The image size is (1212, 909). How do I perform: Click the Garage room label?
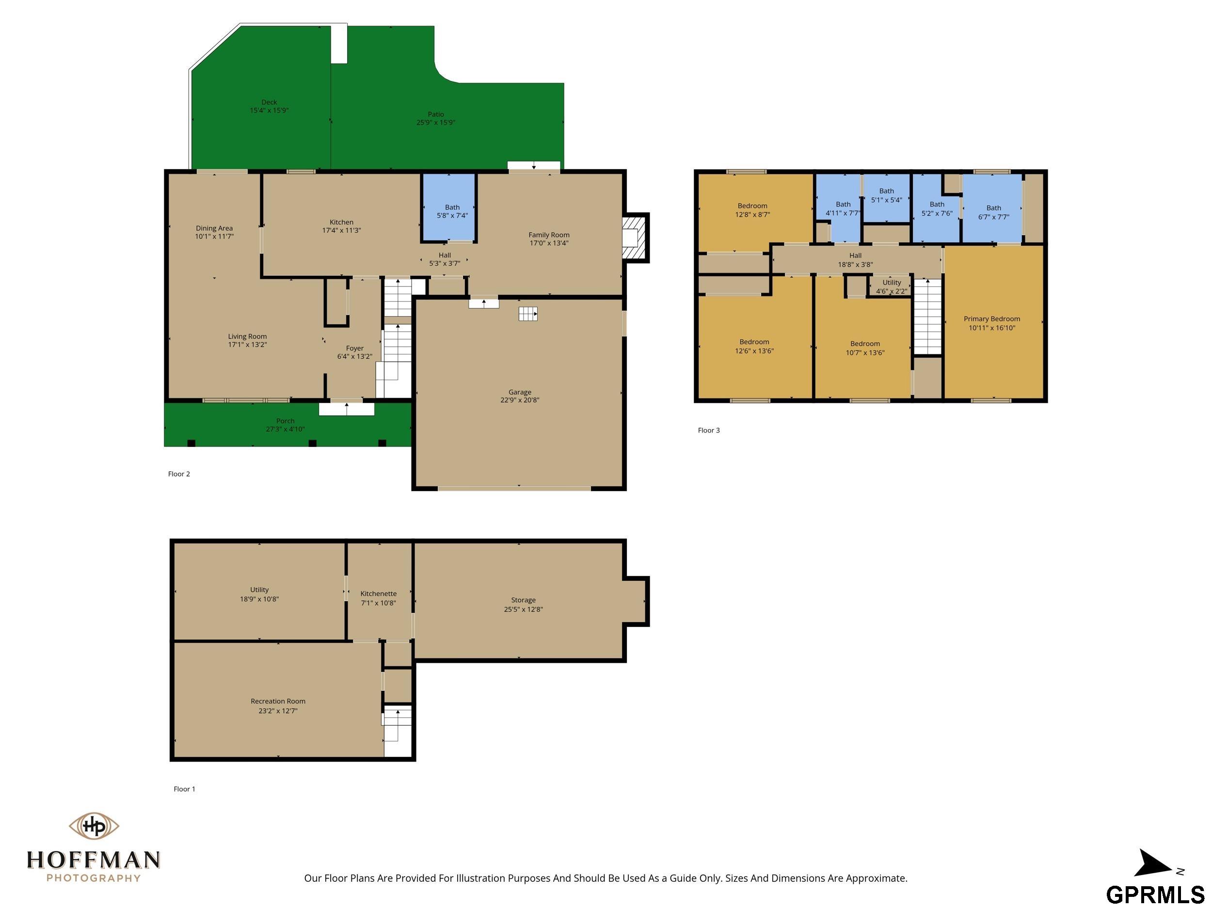coord(519,392)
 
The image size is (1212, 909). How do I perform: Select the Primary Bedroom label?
coord(992,319)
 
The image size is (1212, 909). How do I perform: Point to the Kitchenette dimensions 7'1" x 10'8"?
coord(378,603)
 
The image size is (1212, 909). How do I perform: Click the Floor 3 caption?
coord(708,430)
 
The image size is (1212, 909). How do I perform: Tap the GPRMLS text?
coord(1155,894)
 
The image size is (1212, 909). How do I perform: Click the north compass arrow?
coord(1152,864)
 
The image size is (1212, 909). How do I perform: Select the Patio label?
coord(436,114)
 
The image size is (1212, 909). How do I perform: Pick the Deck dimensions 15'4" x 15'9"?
coord(269,110)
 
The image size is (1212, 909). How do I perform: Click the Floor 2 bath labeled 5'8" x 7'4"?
coord(449,207)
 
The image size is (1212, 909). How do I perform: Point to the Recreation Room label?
coord(278,702)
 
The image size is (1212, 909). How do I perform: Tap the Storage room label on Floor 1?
coord(523,600)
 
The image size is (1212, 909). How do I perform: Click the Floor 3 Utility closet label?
coord(892,282)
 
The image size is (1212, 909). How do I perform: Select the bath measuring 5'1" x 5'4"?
coord(887,198)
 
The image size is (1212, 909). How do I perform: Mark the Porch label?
coord(285,421)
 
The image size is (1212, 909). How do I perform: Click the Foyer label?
coord(354,349)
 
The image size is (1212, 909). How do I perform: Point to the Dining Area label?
coord(214,228)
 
